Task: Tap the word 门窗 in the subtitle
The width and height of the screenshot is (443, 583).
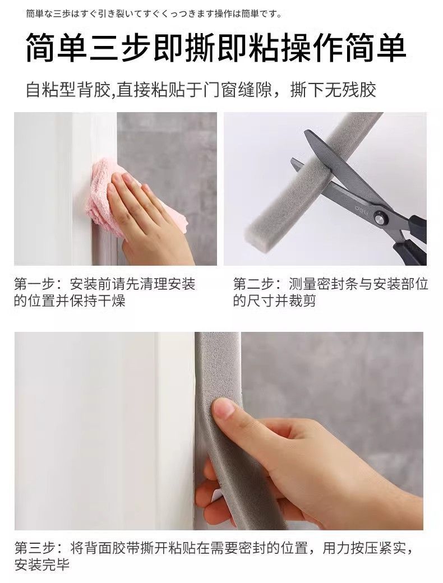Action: pos(220,90)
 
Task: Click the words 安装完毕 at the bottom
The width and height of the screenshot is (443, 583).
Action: pos(42,565)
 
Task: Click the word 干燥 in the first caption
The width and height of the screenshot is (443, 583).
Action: pos(112,301)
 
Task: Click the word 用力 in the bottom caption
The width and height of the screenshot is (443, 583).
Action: pos(336,548)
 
